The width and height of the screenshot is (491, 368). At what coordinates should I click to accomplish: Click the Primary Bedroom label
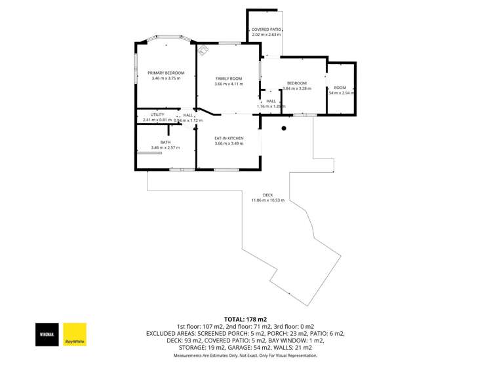(166, 73)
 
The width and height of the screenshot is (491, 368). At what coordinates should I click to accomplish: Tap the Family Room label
(229, 79)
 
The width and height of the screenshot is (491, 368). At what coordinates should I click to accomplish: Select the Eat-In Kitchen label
(229, 138)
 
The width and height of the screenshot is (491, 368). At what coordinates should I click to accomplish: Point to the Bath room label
(165, 142)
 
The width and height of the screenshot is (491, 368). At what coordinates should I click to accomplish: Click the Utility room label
(148, 115)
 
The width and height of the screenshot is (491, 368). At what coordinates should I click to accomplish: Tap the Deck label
(267, 194)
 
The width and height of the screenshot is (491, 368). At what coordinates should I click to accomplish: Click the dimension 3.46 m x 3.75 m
(166, 79)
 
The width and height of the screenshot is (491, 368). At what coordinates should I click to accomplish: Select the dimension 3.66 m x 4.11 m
(229, 84)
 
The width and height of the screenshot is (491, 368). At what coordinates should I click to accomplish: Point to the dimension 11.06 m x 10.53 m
(267, 200)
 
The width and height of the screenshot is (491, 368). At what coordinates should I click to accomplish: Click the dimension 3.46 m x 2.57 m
(165, 148)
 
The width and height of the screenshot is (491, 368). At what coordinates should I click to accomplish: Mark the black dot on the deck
(284, 128)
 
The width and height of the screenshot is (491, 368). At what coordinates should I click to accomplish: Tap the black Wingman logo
(47, 334)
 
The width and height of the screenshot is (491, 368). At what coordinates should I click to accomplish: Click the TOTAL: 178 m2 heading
(245, 319)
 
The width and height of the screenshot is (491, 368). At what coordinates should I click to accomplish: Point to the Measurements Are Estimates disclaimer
(245, 356)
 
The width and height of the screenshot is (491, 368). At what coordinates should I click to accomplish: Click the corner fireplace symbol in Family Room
(204, 48)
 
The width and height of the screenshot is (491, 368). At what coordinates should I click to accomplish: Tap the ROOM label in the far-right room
(340, 88)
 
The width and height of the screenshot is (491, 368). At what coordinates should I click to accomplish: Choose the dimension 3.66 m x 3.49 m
(229, 143)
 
